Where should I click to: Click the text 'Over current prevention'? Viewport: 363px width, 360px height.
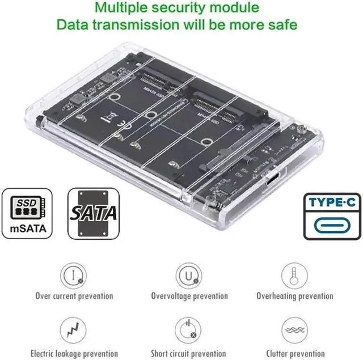point(74,296)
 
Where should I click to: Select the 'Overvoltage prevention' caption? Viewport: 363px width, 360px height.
point(189,296)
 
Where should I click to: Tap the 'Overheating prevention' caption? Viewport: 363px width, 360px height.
point(294,296)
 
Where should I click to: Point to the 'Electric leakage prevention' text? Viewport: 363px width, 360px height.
point(74,353)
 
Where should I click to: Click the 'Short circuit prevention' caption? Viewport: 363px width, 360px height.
point(189,353)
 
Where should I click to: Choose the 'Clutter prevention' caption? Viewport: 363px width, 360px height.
point(294,353)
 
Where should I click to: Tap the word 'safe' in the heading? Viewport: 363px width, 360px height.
point(281,25)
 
